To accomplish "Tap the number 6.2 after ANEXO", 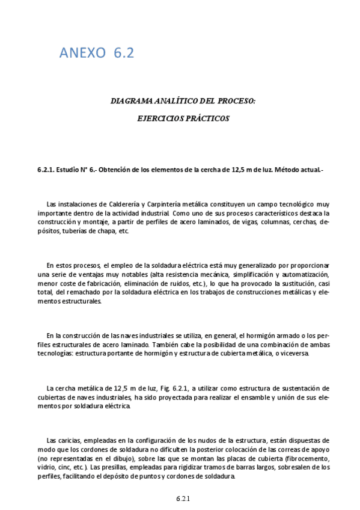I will point(123,54).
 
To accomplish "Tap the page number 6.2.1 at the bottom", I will point(183,499).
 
